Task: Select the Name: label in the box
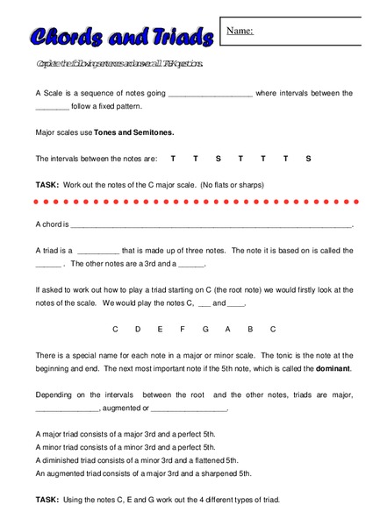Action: (240, 32)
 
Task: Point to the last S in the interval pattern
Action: (309, 159)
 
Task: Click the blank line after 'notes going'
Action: (210, 93)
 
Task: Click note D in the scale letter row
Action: (138, 330)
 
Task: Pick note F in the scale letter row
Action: (183, 330)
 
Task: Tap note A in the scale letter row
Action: (228, 330)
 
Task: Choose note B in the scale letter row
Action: (250, 330)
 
